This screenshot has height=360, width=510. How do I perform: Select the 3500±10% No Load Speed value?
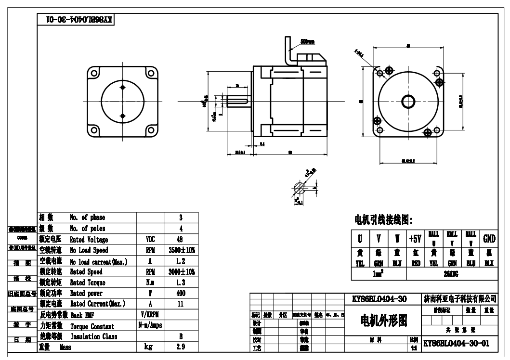182,250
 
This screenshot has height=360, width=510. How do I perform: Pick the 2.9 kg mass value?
180,347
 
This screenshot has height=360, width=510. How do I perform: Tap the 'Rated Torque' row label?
87,283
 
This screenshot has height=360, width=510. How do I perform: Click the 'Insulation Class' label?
93,336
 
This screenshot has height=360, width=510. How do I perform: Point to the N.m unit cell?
150,283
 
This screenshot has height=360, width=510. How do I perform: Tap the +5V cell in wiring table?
415,239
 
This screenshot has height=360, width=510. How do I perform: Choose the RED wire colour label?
415,263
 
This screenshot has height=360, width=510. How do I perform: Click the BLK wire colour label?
489,263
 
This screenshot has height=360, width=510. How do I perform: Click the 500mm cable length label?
307,42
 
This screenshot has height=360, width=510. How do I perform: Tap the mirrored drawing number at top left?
77,20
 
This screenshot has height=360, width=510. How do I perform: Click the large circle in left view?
122,101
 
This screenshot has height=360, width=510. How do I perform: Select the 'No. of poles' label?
87,228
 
